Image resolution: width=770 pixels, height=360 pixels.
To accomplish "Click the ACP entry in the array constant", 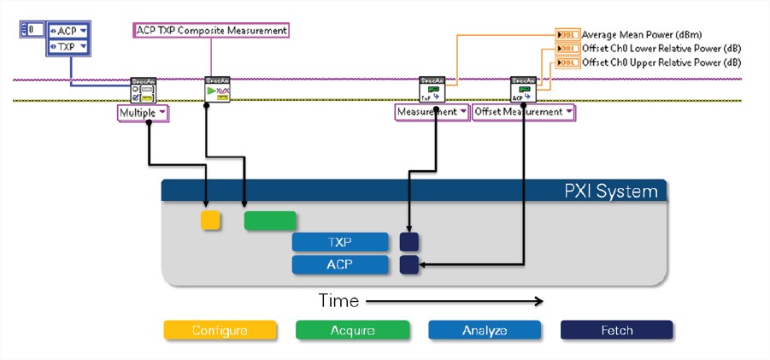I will click(66, 32).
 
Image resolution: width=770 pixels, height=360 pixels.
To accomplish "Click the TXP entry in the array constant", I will click(66, 48).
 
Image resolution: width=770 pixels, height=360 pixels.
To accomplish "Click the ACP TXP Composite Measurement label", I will click(211, 30).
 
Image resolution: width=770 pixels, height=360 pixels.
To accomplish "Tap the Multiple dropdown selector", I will click(143, 112).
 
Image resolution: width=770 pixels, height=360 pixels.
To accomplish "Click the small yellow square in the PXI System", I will click(210, 221).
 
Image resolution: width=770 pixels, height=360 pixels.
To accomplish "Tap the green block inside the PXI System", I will click(270, 221).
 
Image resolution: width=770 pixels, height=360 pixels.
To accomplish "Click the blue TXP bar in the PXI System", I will click(339, 242).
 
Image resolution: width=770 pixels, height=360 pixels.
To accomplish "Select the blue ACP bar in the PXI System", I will click(339, 265).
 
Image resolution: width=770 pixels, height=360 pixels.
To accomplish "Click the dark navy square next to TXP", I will click(409, 242).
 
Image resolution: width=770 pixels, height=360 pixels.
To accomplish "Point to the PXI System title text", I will click(605, 191).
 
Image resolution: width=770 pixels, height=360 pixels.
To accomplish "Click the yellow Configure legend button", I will click(220, 330).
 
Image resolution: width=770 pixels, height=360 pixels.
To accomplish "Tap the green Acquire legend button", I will click(351, 330).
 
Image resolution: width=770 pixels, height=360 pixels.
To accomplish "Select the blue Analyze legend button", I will click(484, 330).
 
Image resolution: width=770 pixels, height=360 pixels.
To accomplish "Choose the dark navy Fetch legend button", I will click(616, 330).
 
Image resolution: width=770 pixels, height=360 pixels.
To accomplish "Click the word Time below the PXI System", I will click(338, 301).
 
